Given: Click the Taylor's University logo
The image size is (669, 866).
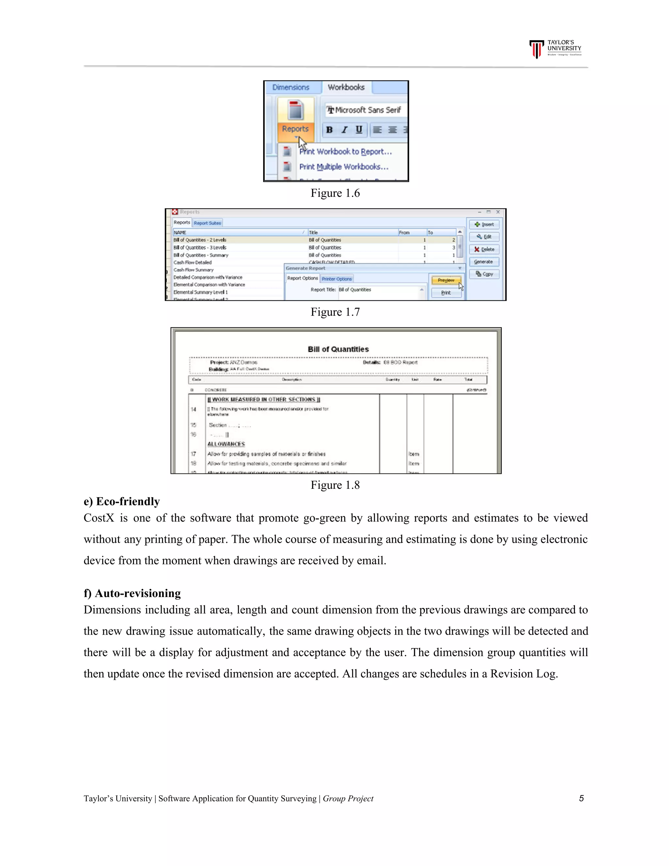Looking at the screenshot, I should coord(555,49).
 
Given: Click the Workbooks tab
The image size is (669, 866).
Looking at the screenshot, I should coord(346,87).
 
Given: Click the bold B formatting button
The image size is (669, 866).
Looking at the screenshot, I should coord(329,130).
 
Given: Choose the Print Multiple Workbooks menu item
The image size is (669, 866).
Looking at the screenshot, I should coord(343,167).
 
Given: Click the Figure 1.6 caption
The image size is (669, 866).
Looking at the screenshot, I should coord(335,193).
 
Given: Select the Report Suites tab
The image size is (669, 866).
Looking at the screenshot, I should coord(207,223).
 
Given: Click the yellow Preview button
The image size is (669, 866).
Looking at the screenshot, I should coord(446,280).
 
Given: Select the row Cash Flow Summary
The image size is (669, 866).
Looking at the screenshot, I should coord(193,270).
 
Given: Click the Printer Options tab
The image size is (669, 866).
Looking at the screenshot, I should coord(336,279).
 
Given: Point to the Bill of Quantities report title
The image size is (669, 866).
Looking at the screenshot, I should coord(338,349).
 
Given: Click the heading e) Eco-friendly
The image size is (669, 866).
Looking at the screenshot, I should coord(122,501).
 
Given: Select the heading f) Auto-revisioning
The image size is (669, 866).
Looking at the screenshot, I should coord(132,593).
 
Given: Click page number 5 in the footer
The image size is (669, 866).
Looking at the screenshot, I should coord(581,798).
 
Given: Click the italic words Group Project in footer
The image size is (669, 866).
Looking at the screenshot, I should coord(348,799).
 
